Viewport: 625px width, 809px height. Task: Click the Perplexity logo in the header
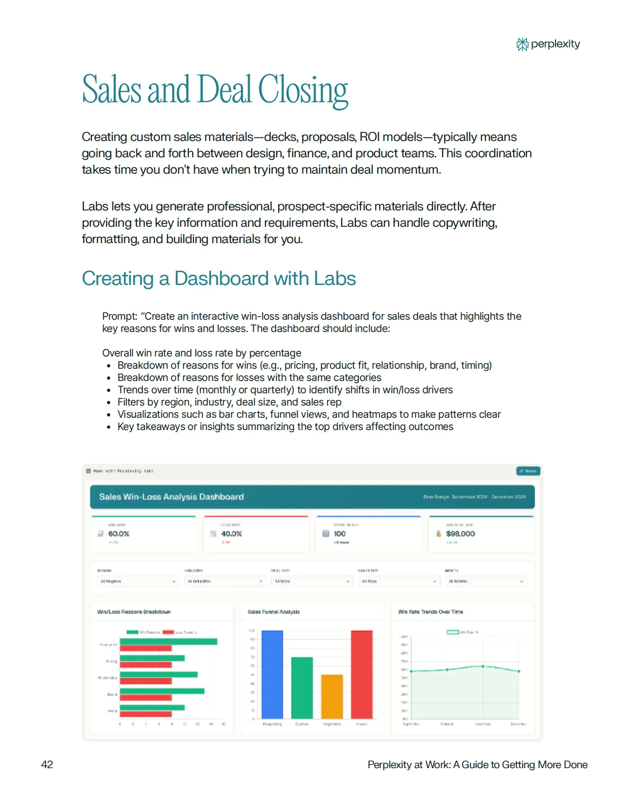coord(548,44)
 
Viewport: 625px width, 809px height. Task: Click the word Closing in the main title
coord(303,90)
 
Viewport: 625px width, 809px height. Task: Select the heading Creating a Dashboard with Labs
coord(219,279)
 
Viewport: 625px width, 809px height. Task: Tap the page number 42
coord(47,765)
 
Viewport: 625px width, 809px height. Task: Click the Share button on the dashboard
coord(528,471)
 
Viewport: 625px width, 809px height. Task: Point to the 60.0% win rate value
coord(118,534)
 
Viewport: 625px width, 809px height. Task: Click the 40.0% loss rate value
coord(231,534)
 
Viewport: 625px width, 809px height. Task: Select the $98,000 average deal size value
coord(460,534)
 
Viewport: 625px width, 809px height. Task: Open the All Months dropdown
coord(486,581)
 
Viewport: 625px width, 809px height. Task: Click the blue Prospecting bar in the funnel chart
coord(272,674)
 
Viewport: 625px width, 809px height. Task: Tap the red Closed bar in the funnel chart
coord(362,674)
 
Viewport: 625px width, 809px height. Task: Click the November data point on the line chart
coord(483,667)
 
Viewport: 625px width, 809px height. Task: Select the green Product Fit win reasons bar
coord(169,641)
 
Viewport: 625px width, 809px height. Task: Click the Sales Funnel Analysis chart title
coord(274,612)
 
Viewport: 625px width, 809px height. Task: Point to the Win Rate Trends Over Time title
coord(430,612)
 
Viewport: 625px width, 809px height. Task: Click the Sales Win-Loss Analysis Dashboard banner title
coord(171,497)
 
